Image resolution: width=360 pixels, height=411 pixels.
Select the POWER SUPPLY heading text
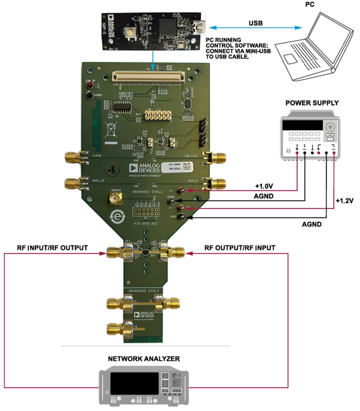(312, 103)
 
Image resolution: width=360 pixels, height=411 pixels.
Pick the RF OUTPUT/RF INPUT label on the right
(240, 248)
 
